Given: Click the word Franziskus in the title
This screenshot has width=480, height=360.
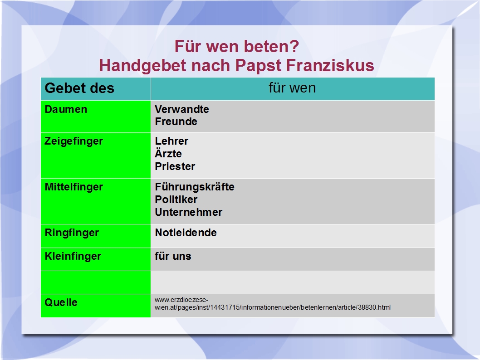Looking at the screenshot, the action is (330, 65).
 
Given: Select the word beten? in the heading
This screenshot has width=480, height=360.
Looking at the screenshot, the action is (271, 47).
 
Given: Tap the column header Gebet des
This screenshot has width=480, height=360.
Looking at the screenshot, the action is (79, 88).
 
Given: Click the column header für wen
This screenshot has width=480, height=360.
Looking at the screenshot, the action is (292, 88).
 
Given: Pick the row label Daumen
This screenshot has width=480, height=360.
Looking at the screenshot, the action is (66, 109).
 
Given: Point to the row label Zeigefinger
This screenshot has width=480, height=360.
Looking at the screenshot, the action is (74, 141).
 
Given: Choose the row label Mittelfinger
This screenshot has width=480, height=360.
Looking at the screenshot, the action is (74, 187).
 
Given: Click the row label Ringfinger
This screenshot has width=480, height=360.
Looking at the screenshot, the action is (72, 233).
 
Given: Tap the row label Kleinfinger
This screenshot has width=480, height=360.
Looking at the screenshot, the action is (73, 257).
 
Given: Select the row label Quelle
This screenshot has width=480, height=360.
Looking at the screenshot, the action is (61, 302).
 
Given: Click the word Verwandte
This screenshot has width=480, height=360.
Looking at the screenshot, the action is (182, 109).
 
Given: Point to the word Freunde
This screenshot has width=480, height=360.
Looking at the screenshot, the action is (176, 122).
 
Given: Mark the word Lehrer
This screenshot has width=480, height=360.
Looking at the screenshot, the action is (171, 141).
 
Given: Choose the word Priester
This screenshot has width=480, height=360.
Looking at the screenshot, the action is (175, 166).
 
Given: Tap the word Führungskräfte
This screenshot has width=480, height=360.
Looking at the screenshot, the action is (195, 187).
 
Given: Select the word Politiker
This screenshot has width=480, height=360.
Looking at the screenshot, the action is (176, 199).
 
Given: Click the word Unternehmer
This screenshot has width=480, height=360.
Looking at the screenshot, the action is (189, 212).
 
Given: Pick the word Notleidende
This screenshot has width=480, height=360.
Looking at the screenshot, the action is (186, 233).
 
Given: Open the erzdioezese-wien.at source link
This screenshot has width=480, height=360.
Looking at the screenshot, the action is (273, 304).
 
